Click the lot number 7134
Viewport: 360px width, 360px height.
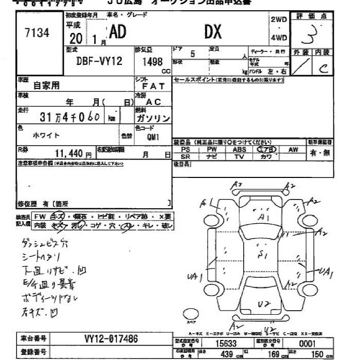click(37, 33)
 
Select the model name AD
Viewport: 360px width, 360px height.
click(118, 32)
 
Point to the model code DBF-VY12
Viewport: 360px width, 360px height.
click(100, 61)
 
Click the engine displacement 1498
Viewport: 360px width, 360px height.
click(151, 61)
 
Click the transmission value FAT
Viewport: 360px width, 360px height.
click(153, 86)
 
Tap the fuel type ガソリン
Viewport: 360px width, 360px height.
click(153, 118)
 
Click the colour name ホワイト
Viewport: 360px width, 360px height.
click(46, 135)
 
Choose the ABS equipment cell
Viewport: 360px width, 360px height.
click(239, 149)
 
